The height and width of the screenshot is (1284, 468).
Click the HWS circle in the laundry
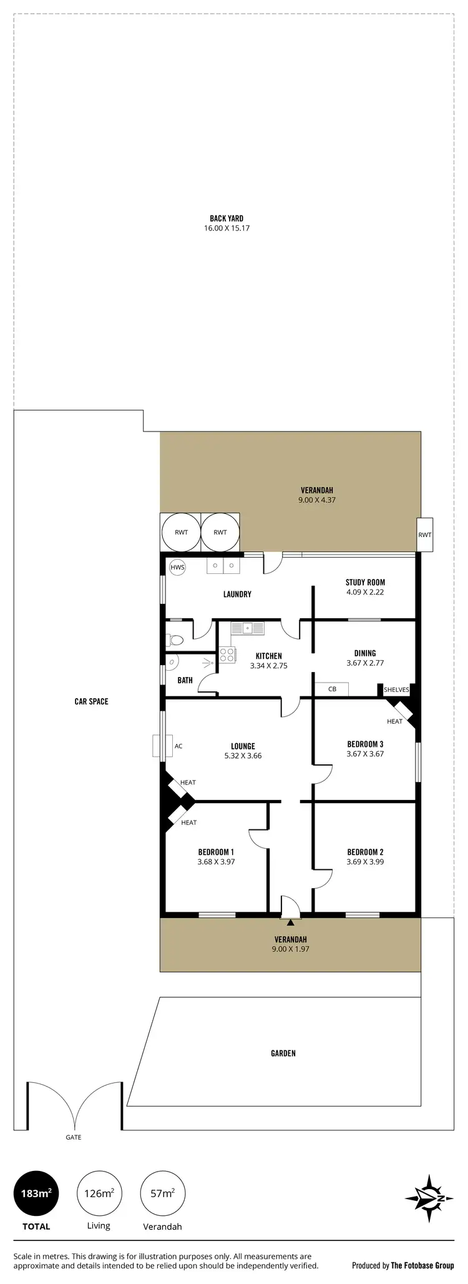pos(177,567)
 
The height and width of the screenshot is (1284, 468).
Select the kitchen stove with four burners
pos(227,655)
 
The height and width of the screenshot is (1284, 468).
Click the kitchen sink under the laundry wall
pos(248,628)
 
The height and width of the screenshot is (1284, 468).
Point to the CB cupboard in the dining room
pos(331,689)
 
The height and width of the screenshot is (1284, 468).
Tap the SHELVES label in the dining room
pos(396,690)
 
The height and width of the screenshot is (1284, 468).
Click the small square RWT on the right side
pos(424,535)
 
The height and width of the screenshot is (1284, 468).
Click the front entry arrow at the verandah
pos(290,922)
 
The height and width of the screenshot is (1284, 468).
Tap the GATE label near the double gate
pos(74,1137)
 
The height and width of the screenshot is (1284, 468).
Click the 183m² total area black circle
pos(36,1193)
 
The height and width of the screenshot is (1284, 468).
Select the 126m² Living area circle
pos(99,1193)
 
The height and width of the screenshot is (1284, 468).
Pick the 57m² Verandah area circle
pos(163,1193)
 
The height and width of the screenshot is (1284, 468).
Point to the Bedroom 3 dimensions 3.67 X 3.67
pos(365,754)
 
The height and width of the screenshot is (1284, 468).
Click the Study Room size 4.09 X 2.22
pos(365,592)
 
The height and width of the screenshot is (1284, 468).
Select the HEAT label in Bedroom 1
pos(188,822)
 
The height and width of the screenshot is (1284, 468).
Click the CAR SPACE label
pos(91,701)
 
